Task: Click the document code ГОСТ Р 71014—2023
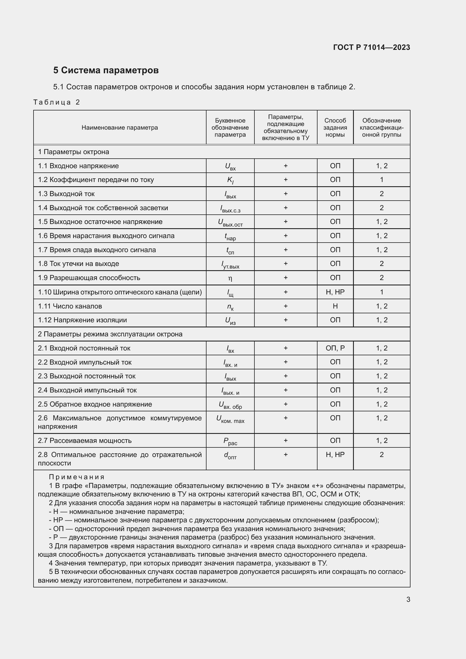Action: [x=371, y=47]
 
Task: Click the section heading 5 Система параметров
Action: [x=106, y=70]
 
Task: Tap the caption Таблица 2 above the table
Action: [x=57, y=102]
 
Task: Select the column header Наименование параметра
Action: [x=120, y=128]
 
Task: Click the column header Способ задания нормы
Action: [x=335, y=128]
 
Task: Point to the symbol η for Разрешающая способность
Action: [x=230, y=278]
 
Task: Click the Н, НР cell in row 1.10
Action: [x=335, y=292]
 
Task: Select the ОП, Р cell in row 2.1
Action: [x=335, y=348]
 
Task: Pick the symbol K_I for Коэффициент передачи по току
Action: [x=230, y=180]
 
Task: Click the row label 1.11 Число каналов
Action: [x=70, y=306]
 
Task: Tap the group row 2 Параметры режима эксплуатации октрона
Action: [x=110, y=334]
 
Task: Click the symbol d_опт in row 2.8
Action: [x=230, y=455]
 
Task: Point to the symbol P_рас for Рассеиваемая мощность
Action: [x=230, y=441]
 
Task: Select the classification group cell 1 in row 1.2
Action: [x=381, y=180]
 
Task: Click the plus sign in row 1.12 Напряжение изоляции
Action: [x=285, y=320]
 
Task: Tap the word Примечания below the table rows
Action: [x=77, y=477]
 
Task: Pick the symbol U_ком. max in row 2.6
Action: [x=230, y=419]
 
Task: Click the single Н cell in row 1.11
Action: [x=335, y=306]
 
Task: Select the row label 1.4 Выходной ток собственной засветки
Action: [x=103, y=208]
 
